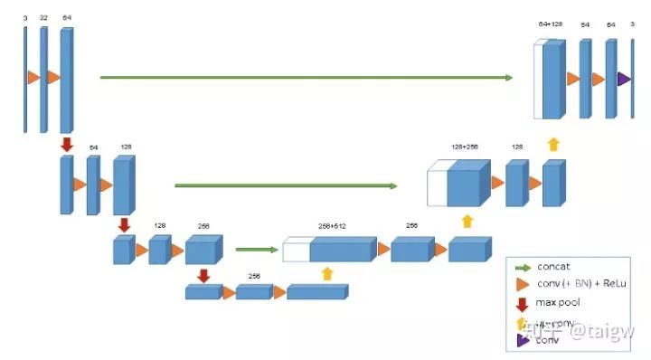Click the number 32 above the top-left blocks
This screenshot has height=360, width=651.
click(x=42, y=17)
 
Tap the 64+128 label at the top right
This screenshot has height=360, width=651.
click(x=550, y=24)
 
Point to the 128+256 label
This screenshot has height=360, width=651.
click(x=464, y=145)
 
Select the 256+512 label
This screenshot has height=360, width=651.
click(x=332, y=226)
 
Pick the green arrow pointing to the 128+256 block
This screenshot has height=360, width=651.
click(x=285, y=186)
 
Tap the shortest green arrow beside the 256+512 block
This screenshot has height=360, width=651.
click(x=256, y=250)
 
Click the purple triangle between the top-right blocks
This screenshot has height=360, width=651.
click(x=623, y=80)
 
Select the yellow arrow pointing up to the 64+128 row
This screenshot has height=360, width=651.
click(x=553, y=143)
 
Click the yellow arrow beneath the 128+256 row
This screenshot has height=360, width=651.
click(x=467, y=221)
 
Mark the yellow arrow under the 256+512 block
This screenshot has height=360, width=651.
click(x=326, y=272)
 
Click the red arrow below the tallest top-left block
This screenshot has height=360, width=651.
click(x=66, y=144)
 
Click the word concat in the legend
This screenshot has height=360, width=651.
click(x=552, y=267)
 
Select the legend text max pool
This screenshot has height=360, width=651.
click(x=558, y=302)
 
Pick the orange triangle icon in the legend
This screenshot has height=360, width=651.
click(x=522, y=284)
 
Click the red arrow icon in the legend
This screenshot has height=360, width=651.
click(x=522, y=303)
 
